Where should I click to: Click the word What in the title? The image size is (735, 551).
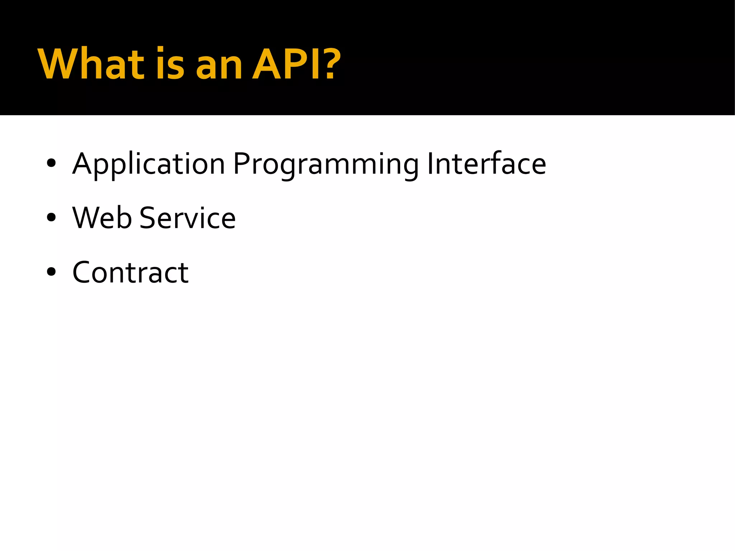(x=91, y=65)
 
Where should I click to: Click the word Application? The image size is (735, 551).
(x=149, y=164)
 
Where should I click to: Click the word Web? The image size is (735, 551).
(x=102, y=218)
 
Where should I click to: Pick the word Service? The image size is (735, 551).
(x=187, y=218)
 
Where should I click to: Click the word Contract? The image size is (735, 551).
(x=130, y=272)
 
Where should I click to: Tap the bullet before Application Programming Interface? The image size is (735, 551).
(x=51, y=164)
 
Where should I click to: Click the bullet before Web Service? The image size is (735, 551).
(x=51, y=217)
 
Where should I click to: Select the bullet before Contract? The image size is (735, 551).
(x=51, y=272)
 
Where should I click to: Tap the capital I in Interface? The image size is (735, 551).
(x=430, y=164)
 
